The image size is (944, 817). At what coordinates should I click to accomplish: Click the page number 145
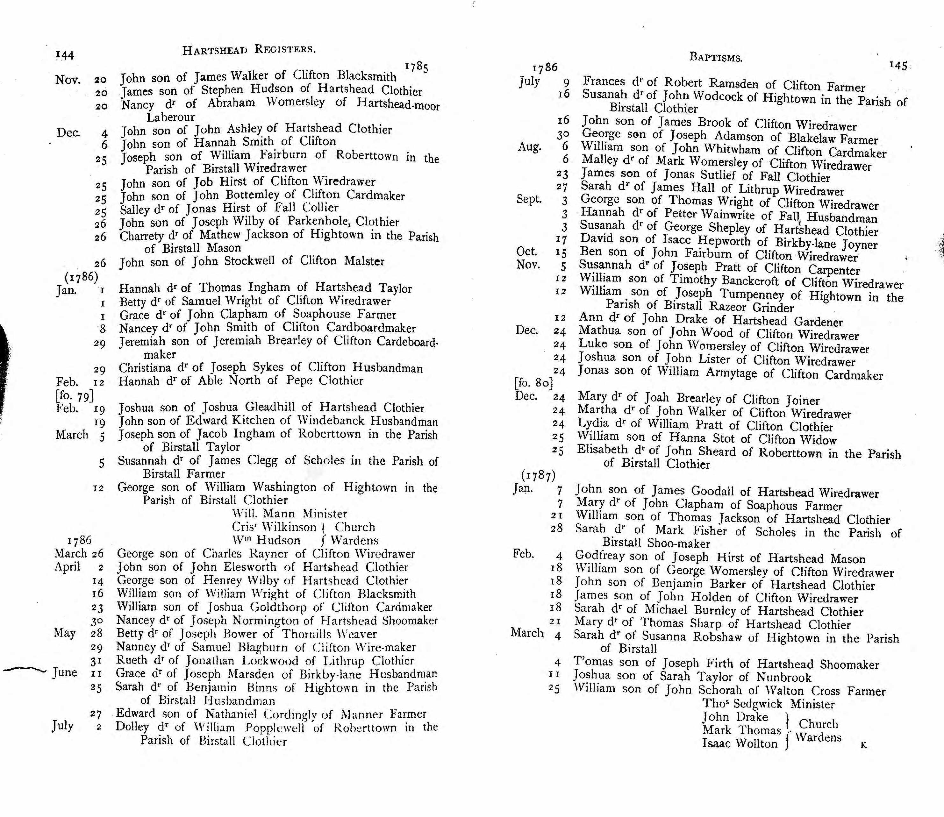(898, 66)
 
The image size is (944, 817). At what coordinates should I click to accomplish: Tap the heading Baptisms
(716, 57)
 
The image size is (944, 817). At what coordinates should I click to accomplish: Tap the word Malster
(364, 261)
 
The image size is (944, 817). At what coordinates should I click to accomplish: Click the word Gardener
(818, 322)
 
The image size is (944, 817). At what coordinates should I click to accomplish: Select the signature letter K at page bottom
(863, 745)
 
